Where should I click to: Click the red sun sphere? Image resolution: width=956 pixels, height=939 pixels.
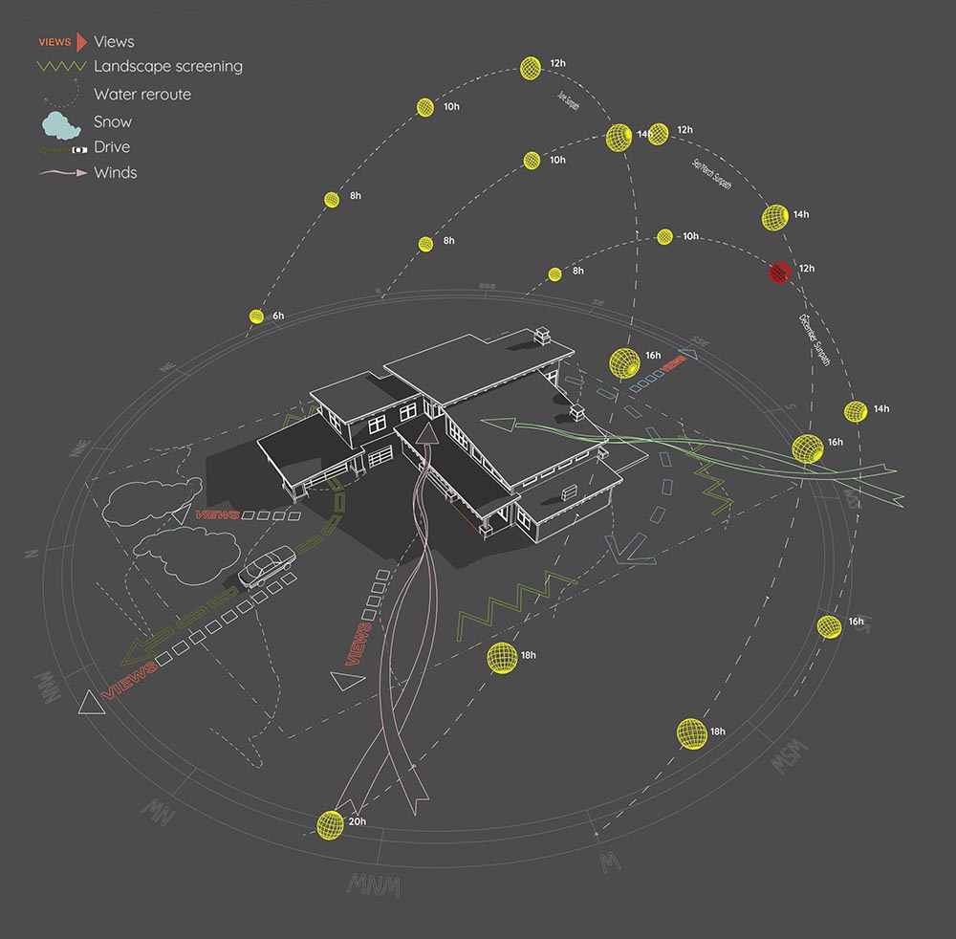click(779, 273)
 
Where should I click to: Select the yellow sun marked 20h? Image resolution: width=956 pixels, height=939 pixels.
click(329, 824)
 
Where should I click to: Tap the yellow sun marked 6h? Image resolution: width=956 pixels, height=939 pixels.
click(256, 315)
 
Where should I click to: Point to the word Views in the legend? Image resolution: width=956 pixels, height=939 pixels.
click(114, 42)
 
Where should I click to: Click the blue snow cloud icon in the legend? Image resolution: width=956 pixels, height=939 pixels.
click(60, 122)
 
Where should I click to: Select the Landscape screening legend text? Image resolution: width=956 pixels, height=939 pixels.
click(168, 67)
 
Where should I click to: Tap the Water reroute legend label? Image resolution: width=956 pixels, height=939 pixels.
click(142, 95)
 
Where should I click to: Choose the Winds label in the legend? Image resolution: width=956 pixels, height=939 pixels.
click(116, 173)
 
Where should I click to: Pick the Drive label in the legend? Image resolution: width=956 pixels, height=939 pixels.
click(112, 147)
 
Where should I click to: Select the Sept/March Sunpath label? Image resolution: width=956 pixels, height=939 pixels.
click(711, 172)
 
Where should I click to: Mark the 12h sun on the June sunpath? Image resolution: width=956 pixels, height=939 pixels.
click(532, 67)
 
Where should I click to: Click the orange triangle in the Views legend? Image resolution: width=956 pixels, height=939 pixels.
click(81, 42)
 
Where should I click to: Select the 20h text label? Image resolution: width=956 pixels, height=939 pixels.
click(357, 821)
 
